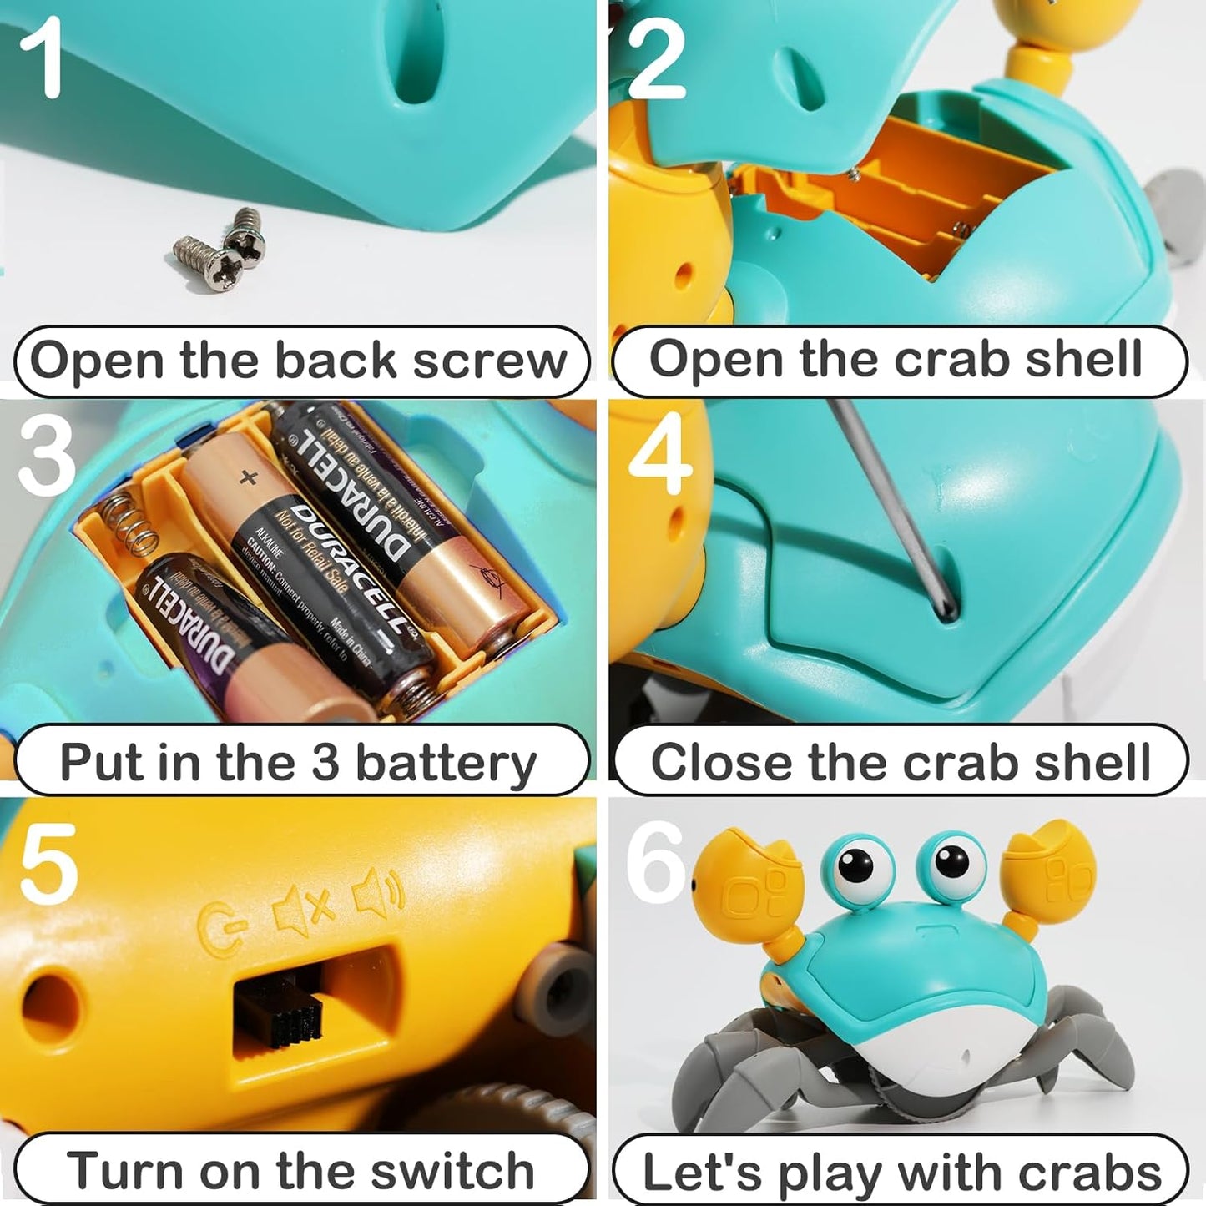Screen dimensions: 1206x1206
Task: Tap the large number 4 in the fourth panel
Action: tap(660, 456)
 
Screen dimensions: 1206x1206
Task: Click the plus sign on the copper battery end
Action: tap(247, 477)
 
